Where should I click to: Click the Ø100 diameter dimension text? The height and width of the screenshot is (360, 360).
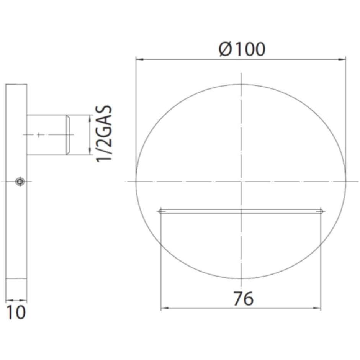[x=242, y=49]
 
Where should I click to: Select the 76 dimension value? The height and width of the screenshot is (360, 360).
[x=243, y=298]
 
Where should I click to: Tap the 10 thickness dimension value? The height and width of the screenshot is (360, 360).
[x=16, y=313]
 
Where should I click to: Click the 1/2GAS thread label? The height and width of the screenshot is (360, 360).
[x=104, y=134]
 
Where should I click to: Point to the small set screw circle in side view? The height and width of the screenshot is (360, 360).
[x=19, y=182]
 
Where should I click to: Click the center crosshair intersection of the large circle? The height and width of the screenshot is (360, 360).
[x=241, y=181]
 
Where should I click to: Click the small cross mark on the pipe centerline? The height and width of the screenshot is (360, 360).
[x=39, y=134]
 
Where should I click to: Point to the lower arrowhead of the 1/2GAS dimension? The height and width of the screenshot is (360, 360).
[x=89, y=152]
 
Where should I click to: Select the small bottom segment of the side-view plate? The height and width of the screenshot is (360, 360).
[x=16, y=285]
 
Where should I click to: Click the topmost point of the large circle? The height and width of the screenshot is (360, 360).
[x=241, y=85]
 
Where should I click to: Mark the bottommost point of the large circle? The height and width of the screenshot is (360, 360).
[x=241, y=279]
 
